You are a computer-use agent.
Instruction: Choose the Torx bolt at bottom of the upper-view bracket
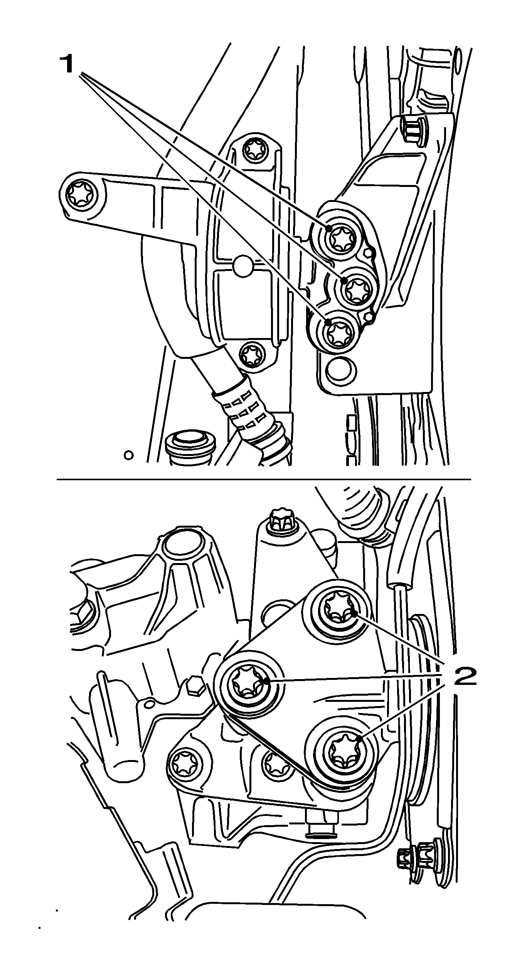tap(251, 353)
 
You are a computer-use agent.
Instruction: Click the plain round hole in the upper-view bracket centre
tap(243, 265)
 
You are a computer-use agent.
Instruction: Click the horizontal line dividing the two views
tap(264, 479)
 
